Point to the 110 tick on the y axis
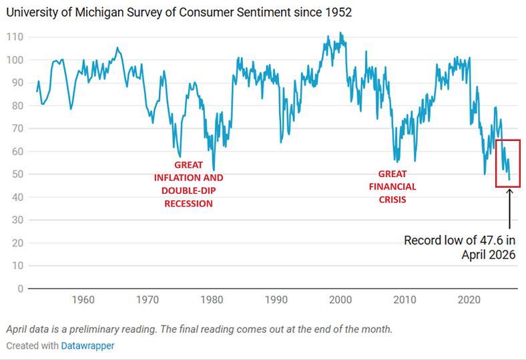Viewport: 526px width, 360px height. [14, 37]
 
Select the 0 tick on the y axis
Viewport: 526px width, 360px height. [20, 289]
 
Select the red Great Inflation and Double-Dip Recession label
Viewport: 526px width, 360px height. [189, 184]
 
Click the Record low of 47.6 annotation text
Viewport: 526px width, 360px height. [460, 247]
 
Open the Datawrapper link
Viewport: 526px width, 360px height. [87, 346]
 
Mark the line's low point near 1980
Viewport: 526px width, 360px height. [214, 170]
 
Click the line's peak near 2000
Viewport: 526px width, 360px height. [340, 32]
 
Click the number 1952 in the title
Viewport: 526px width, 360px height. [338, 12]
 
